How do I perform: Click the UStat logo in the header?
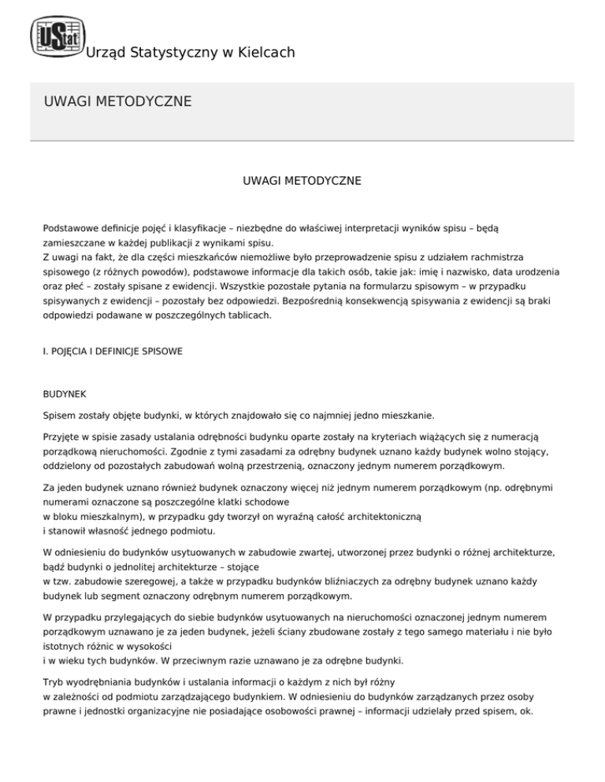(x=55, y=35)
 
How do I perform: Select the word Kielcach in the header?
(x=264, y=53)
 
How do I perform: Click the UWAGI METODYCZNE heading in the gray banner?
(x=118, y=101)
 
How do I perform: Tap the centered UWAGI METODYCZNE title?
(x=302, y=181)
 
